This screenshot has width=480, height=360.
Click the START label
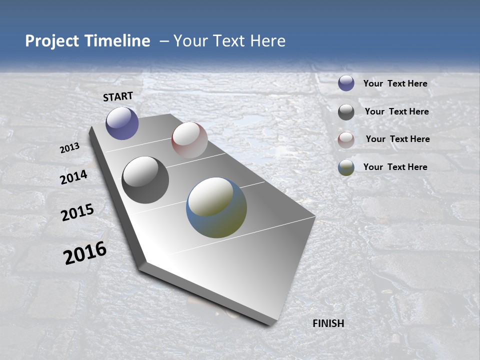point(118,96)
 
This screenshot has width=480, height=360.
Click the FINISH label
point(328,323)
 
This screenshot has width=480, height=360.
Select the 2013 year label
point(69,148)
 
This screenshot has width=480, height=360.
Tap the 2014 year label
point(73,177)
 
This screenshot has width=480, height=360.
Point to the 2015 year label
point(77,212)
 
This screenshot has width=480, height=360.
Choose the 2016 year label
point(85,253)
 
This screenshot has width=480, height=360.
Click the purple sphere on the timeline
point(122,123)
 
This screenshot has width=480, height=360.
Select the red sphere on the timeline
point(189,140)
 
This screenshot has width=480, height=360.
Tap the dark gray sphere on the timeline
point(145,180)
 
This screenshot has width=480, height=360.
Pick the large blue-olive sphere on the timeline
point(216,207)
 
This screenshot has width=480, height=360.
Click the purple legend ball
point(346,83)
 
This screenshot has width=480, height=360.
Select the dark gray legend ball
point(346,112)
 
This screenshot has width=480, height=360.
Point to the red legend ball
point(346,140)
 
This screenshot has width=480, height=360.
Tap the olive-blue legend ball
point(346,167)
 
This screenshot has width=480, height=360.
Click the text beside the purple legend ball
point(395,83)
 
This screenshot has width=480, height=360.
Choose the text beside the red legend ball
point(397,139)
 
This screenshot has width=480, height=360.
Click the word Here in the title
point(267,41)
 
